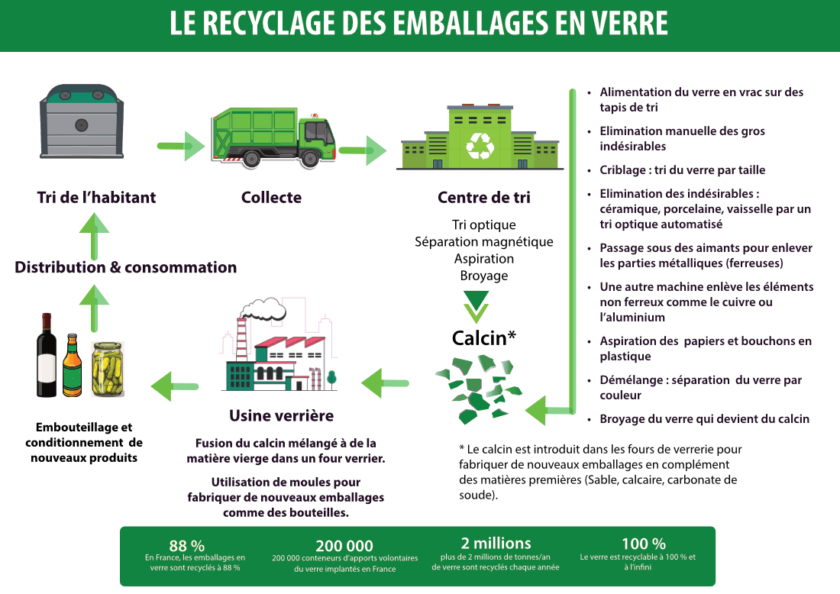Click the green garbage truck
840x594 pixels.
tap(273, 137)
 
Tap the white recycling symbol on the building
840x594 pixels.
tap(480, 146)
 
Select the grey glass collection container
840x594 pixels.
tap(82, 121)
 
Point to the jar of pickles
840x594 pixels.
tap(108, 369)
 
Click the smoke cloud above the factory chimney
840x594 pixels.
tap(263, 308)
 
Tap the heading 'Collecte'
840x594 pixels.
tap(272, 198)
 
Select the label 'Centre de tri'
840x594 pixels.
tap(483, 198)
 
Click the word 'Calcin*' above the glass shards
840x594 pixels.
tap(483, 338)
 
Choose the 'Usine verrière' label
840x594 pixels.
tap(281, 415)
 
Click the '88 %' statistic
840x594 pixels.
tap(187, 545)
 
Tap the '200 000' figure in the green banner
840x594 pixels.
tap(344, 546)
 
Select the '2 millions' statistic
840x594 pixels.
tap(496, 543)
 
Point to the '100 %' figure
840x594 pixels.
tap(644, 544)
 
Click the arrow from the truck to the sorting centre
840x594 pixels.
tap(363, 150)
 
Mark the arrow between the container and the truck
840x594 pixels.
tap(181, 146)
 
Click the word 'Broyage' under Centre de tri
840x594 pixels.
tap(483, 276)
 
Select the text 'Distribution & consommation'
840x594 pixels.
tap(126, 267)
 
